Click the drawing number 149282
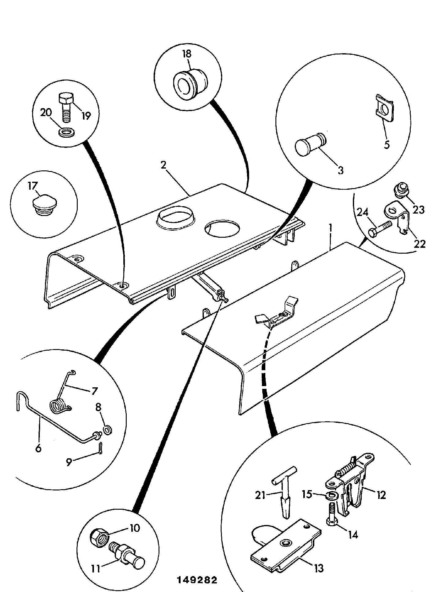click(x=197, y=580)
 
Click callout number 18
click(x=187, y=54)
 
